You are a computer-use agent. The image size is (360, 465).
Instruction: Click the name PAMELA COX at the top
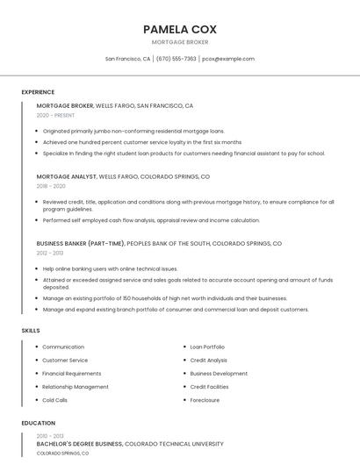[x=179, y=29]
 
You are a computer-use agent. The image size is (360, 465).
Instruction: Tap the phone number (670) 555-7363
[x=176, y=59]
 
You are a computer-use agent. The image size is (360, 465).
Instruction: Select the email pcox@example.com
[x=228, y=59]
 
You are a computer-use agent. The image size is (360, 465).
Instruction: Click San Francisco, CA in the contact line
[x=127, y=59]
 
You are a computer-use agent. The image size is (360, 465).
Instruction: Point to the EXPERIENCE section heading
[x=38, y=91]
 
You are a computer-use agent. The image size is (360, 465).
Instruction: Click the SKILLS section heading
[x=31, y=330]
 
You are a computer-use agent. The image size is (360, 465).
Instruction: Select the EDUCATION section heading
[x=37, y=423]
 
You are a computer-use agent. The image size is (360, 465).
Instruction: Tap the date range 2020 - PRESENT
[x=55, y=115]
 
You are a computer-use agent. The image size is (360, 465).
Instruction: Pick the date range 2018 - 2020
[x=51, y=186]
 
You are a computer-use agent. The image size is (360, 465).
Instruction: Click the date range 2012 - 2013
[x=50, y=253]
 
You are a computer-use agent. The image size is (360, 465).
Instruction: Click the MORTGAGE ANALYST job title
[x=66, y=176]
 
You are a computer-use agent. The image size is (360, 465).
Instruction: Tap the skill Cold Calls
[x=54, y=400]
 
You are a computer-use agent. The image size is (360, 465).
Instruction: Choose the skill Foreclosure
[x=205, y=400]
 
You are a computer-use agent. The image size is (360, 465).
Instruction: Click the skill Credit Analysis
[x=208, y=360]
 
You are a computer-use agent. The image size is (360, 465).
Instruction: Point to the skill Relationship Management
[x=76, y=387]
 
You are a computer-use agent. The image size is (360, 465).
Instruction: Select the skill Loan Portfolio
[x=207, y=347]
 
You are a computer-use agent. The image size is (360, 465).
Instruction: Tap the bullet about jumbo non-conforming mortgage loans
[x=133, y=131]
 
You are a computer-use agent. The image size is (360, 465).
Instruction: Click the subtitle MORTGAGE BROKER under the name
[x=179, y=42]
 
